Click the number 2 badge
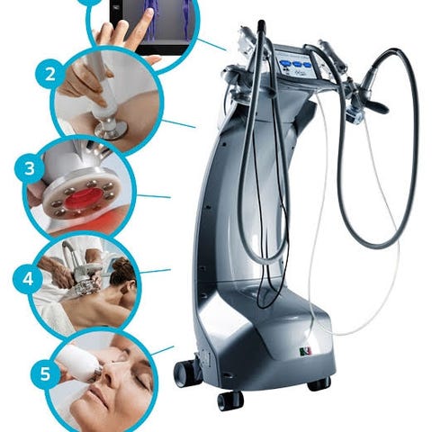pyautogui.click(x=49, y=75)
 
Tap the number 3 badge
pyautogui.click(x=30, y=169)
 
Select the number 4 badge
pyautogui.click(x=28, y=279)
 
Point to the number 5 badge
pyautogui.click(x=45, y=373)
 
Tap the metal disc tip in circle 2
pyautogui.click(x=111, y=130)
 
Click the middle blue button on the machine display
pyautogui.click(x=297, y=64)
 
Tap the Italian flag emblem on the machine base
pyautogui.click(x=306, y=350)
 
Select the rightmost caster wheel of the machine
pyautogui.click(x=319, y=384)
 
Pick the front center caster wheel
pyautogui.click(x=230, y=400)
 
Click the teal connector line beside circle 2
pyautogui.click(x=179, y=123)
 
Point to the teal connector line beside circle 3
pyautogui.click(x=154, y=196)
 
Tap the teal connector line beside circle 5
pyautogui.click(x=163, y=350)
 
